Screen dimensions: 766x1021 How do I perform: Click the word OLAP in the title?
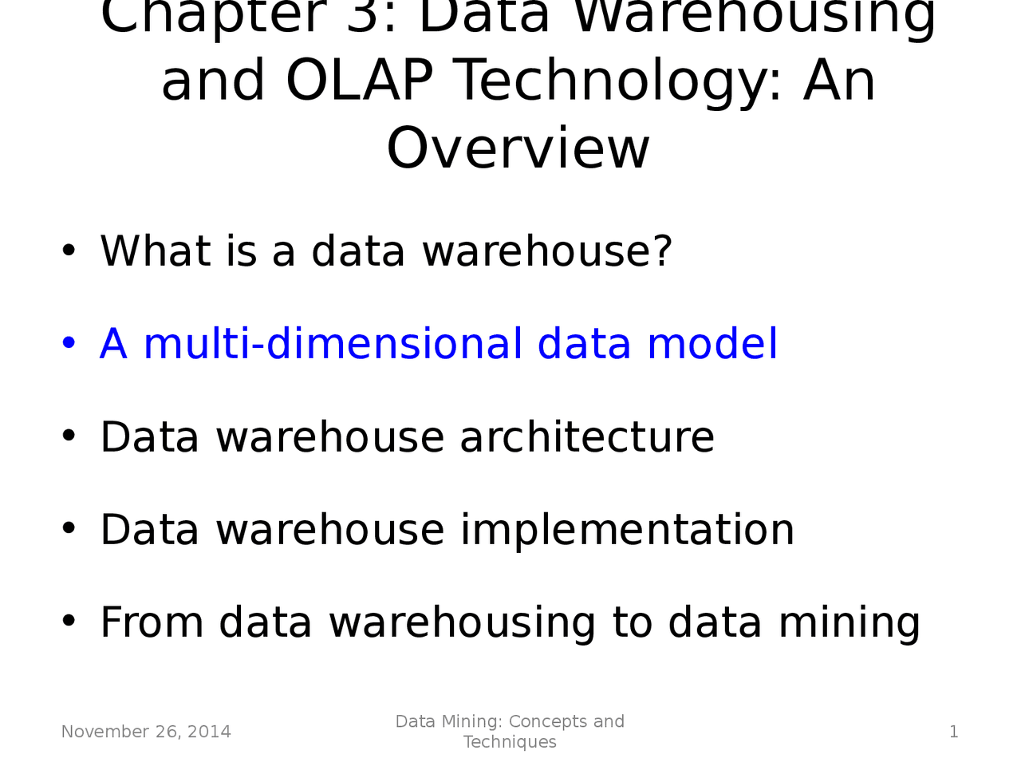[359, 81]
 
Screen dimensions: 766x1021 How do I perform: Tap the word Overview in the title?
[518, 148]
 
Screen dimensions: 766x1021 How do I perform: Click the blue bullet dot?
[69, 344]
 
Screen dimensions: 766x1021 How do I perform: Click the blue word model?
[712, 344]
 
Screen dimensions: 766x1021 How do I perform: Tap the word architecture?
[587, 437]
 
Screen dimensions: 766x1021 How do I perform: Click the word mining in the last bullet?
[850, 623]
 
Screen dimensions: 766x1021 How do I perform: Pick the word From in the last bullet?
[152, 622]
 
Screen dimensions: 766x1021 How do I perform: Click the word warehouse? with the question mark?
[547, 251]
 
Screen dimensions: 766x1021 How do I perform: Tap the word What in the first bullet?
[155, 251]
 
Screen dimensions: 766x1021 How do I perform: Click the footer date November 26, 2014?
[146, 732]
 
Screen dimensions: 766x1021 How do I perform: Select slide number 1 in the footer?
[953, 732]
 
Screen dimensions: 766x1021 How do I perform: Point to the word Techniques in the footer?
[510, 742]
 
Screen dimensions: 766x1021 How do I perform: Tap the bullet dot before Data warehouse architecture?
[69, 436]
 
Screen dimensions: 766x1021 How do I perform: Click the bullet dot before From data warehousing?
[69, 622]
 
